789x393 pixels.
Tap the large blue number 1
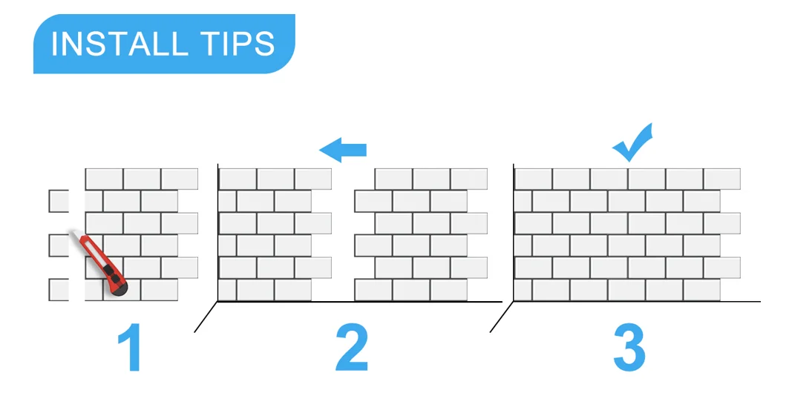coord(130,347)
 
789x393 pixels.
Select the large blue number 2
coord(352,347)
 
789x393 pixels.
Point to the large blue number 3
coord(629,347)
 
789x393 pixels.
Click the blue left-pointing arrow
coord(343,150)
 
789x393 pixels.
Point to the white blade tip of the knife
coord(76,237)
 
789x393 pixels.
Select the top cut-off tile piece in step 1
coord(58,201)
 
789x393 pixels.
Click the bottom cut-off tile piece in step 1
coord(58,289)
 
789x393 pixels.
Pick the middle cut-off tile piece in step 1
coord(58,245)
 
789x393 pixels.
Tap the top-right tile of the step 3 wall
coord(721,179)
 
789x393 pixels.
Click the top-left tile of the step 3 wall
coord(533,179)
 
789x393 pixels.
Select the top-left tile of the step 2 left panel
coord(238,179)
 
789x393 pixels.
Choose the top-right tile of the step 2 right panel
coord(469,179)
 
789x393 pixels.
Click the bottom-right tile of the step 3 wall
coord(702,290)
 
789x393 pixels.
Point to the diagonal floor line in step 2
coord(206,317)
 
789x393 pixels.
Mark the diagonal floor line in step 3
coord(502,317)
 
